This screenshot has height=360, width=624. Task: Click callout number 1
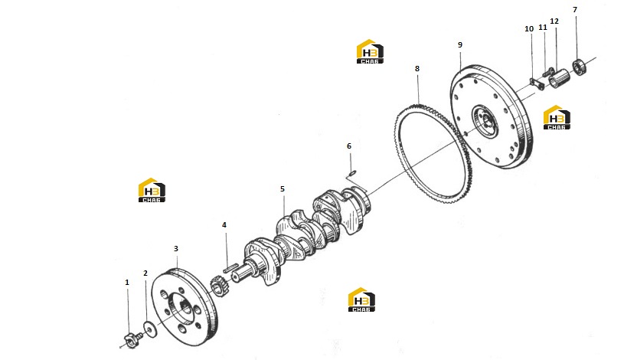point(127,283)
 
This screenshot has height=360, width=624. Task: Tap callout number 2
point(145,273)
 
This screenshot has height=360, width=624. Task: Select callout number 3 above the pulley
point(176,248)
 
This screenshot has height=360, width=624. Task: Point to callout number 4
point(224,225)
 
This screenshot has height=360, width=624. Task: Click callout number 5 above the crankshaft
point(283,188)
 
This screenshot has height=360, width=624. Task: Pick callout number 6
point(349,146)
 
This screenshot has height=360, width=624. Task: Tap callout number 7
point(575,9)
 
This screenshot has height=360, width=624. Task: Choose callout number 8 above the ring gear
point(417,68)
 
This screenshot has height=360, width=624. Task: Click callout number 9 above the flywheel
point(460,45)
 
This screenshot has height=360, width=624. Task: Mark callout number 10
point(529,29)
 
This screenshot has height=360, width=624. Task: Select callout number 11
point(543,27)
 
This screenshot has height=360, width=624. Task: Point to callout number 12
point(554,21)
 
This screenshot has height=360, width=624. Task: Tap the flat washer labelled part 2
point(150,329)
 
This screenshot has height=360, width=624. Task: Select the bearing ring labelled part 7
point(580,67)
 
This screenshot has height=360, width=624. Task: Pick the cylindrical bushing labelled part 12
point(559,77)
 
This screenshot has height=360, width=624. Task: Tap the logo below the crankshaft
point(361,299)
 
